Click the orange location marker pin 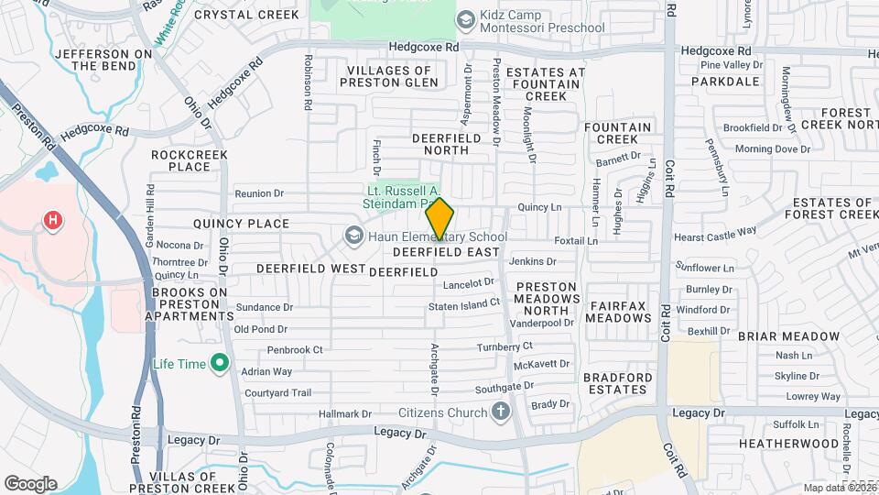[439, 218]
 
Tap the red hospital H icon [54, 220]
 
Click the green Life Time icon [219, 364]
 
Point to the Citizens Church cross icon [500, 412]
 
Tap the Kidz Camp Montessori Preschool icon [465, 20]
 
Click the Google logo [30, 483]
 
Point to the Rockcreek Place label [181, 160]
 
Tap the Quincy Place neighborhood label [241, 223]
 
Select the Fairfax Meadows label [619, 311]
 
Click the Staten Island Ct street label [464, 302]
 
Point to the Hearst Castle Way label [715, 234]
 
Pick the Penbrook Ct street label [295, 349]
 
